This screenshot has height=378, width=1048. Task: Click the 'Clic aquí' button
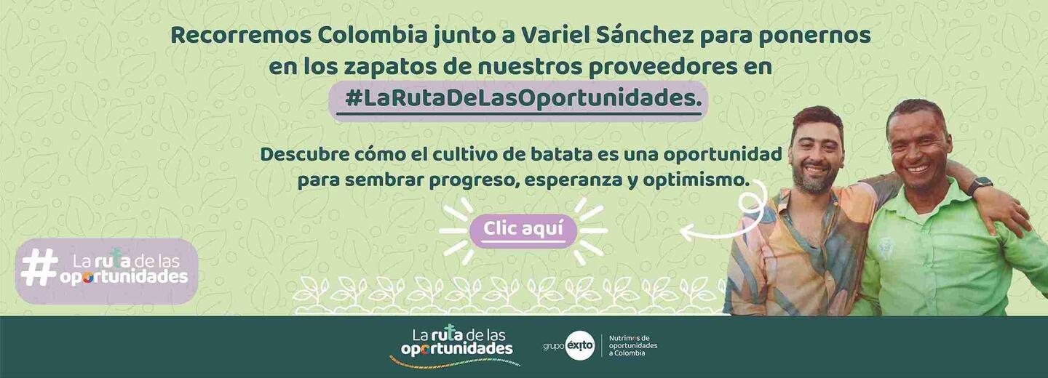click(x=523, y=230)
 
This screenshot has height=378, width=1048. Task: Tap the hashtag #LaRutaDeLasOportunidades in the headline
click(x=523, y=99)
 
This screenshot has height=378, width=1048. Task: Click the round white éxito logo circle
click(x=580, y=346)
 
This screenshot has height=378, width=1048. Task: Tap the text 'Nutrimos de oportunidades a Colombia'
click(x=633, y=346)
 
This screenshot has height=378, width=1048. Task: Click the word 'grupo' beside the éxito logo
click(x=554, y=347)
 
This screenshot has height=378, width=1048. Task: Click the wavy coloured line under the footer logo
click(x=454, y=361)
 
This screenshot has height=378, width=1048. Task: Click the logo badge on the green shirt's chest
click(x=885, y=244)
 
